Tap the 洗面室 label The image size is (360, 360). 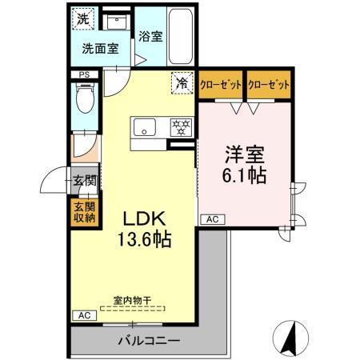pos(100,48)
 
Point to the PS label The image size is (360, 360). pos(84,75)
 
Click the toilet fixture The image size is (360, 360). pos(83,101)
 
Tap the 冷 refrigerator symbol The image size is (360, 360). pos(182,82)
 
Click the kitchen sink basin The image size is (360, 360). pos(146,125)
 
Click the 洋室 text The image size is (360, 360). pos(244,150)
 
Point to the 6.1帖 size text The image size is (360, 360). pos(244,174)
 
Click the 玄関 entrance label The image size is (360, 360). pos(85,181)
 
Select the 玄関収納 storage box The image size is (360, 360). pos(85,210)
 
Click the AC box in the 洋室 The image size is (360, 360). pos(213,218)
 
